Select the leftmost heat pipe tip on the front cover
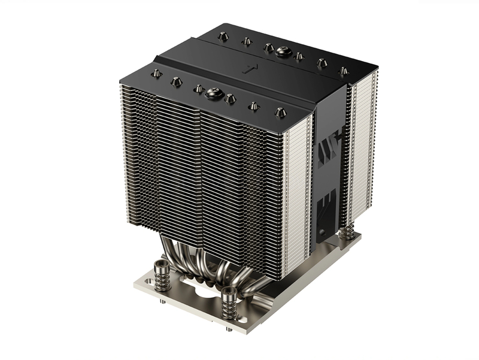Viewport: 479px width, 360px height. point(156,73)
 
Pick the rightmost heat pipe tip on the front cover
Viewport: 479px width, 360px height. point(280,111)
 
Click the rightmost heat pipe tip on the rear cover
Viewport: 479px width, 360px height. point(343,71)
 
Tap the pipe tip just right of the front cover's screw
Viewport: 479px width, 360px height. point(230,99)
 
